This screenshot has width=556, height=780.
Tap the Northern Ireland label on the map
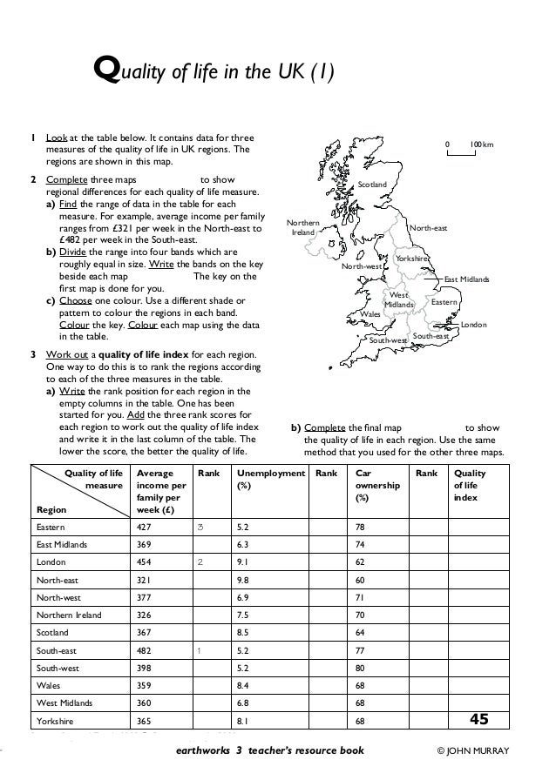tap(302, 228)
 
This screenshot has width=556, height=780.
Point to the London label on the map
tap(473, 324)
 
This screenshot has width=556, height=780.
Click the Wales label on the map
tap(370, 313)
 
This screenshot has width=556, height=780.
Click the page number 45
tap(478, 719)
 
